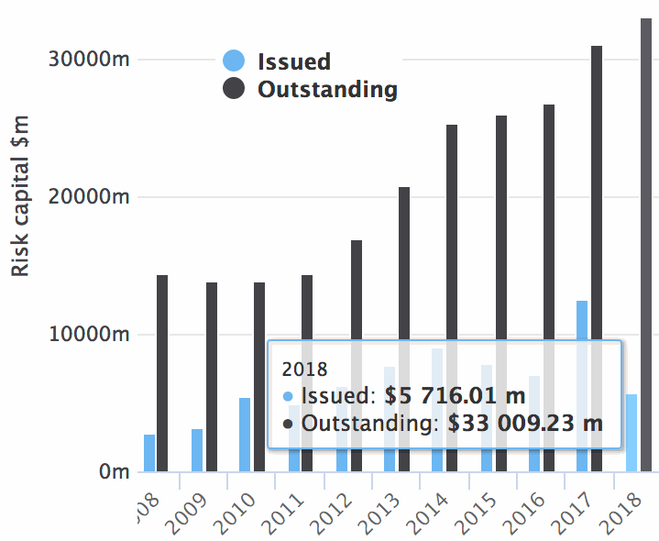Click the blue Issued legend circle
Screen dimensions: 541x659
[235, 61]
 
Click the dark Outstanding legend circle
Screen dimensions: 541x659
[235, 89]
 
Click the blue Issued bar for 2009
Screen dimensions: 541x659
[197, 450]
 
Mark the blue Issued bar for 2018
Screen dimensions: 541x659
[632, 449]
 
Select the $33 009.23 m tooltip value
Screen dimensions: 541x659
[525, 424]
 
